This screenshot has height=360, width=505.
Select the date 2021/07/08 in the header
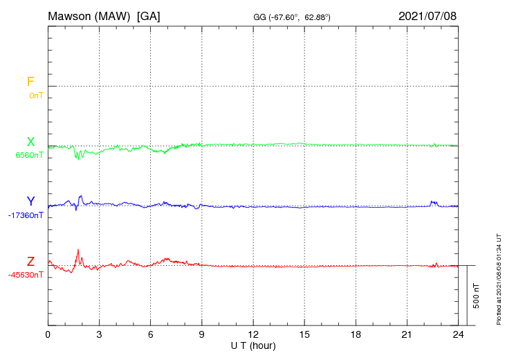[428, 16]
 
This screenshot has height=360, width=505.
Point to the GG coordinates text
[292, 17]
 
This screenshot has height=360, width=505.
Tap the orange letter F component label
[30, 82]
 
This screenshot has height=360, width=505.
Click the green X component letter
[30, 142]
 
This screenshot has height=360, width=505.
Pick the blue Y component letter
[30, 201]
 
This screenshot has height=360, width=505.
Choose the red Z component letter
[30, 262]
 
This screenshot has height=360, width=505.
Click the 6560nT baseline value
[29, 155]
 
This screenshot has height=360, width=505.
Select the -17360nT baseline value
[26, 215]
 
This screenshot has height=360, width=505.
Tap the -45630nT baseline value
[26, 276]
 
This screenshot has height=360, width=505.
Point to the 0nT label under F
[36, 96]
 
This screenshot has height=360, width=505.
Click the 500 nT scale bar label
[476, 296]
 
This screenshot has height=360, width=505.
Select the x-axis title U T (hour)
[253, 346]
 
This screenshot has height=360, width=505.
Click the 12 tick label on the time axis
[253, 334]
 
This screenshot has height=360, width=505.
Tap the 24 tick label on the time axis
[458, 334]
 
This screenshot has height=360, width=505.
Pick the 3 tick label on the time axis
[99, 334]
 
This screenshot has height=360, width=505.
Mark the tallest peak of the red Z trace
[78, 249]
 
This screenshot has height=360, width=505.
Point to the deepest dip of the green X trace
[78, 159]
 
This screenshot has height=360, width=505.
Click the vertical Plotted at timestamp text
[499, 279]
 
